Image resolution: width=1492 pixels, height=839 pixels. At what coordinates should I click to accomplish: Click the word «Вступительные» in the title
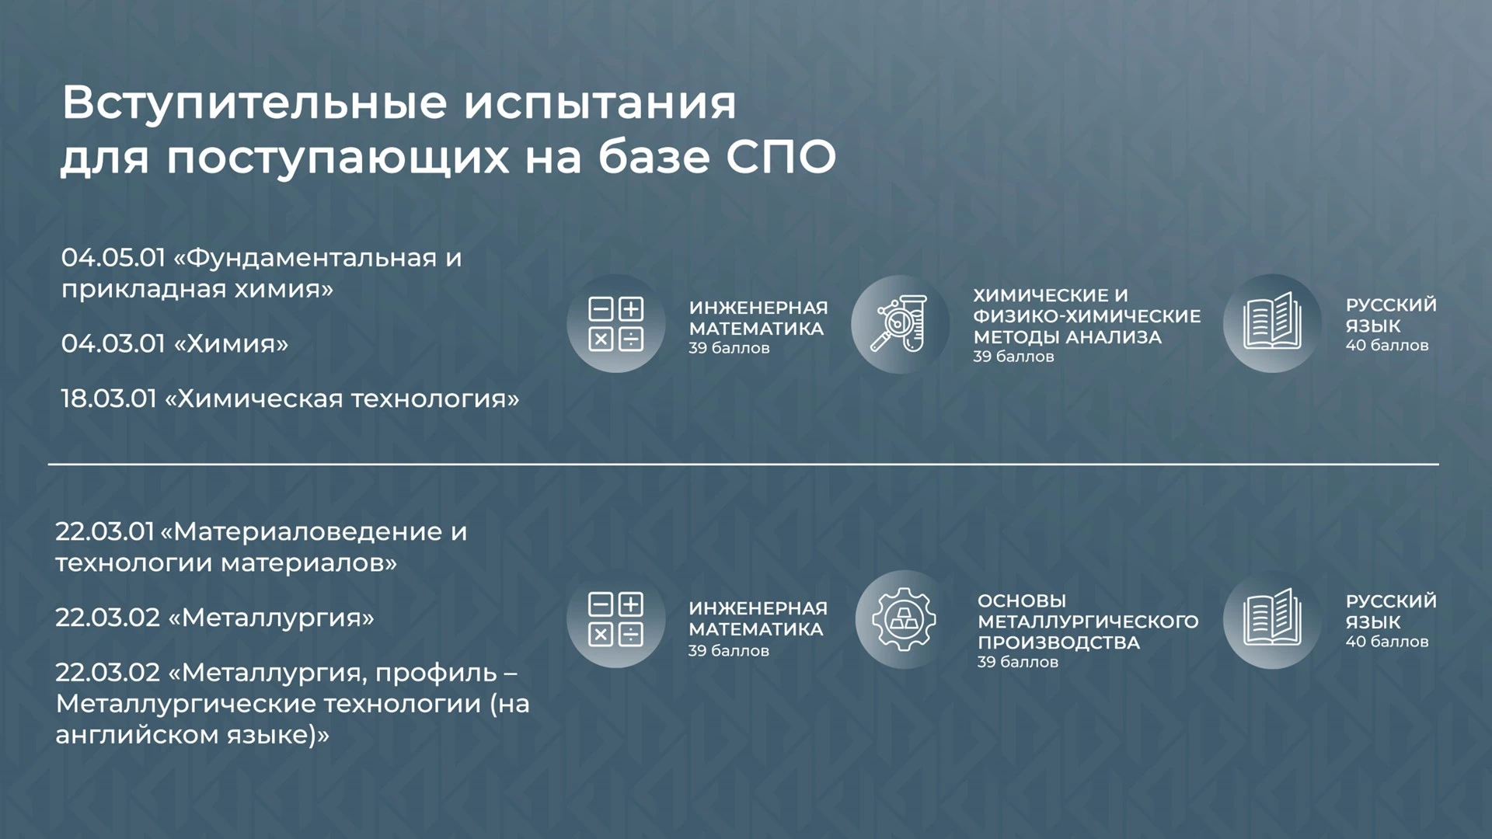coord(255,103)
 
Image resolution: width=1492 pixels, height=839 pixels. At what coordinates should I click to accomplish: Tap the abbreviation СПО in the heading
coord(781,157)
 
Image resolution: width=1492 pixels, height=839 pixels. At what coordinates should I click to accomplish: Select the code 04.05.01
coord(113,257)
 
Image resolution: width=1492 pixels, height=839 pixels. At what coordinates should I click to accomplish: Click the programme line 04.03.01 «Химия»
coord(175,343)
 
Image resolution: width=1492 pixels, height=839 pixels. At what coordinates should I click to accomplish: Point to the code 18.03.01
coord(109,399)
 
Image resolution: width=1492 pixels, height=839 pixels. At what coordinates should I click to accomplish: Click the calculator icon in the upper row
coord(616,324)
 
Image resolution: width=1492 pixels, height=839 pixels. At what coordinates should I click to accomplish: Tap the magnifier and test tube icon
coord(900,324)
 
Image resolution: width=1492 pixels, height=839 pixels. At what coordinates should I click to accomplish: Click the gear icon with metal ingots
coord(904,620)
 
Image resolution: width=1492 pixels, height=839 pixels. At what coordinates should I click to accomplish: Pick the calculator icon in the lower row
coord(616,620)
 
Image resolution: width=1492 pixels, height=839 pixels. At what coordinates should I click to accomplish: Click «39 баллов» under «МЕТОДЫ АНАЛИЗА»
coord(1013,357)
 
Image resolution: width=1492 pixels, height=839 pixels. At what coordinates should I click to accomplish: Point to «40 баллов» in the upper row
coord(1387,346)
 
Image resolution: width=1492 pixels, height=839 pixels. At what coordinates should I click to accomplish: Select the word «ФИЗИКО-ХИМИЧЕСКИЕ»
coord(1086,316)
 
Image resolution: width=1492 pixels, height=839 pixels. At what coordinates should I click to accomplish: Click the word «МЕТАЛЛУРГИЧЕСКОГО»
coord(1088,621)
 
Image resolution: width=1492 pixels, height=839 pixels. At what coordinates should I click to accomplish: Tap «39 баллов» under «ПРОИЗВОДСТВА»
coord(1018,662)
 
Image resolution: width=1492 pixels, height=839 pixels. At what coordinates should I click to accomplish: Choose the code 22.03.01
coord(105,531)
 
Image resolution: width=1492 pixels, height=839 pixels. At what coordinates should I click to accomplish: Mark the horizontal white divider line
coord(744,464)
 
